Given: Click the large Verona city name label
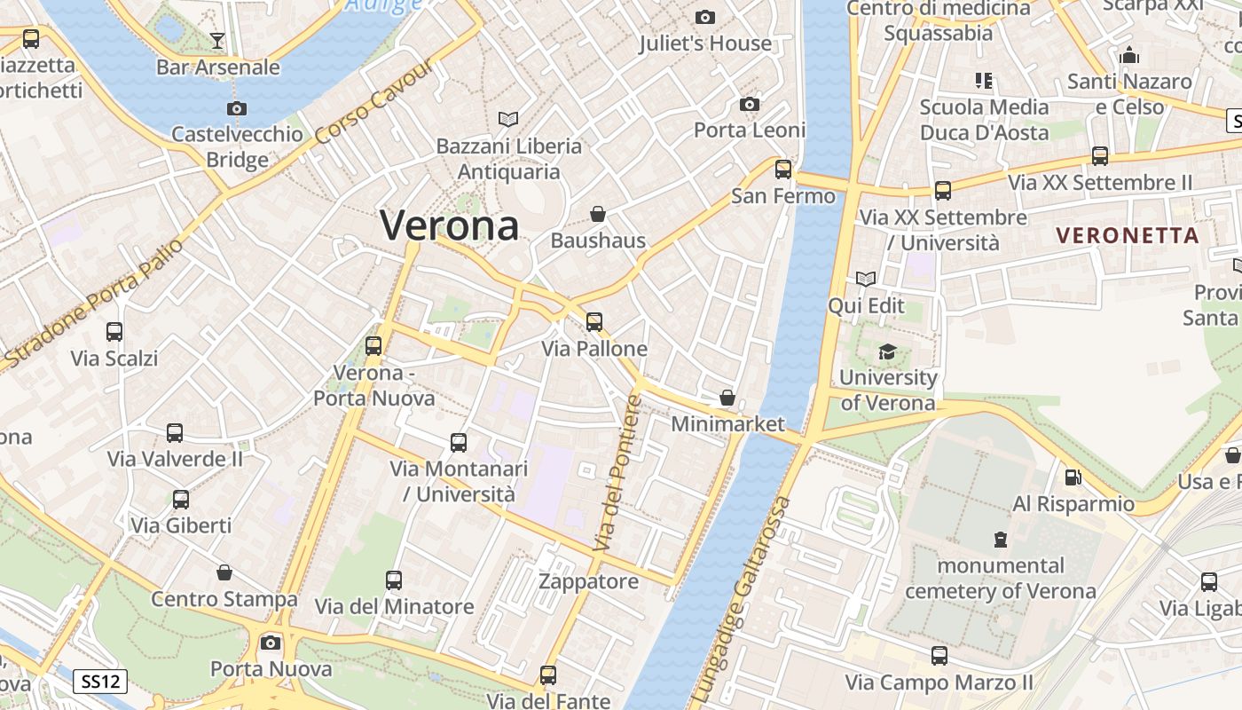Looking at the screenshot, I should (x=449, y=225).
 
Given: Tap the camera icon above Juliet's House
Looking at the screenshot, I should (x=705, y=17).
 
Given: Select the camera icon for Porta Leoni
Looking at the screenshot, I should (x=749, y=105).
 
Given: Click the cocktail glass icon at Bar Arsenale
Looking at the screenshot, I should (x=217, y=40).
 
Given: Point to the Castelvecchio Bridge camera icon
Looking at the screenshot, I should (x=236, y=108).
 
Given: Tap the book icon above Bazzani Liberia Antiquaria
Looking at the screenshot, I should (x=508, y=119).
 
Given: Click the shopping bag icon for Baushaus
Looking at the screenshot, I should (x=598, y=214).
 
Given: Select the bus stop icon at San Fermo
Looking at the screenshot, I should (x=782, y=169).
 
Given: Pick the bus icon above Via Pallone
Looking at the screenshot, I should (x=594, y=321).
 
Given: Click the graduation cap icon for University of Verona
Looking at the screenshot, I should (x=887, y=352).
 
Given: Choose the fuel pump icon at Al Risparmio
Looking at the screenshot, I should (x=1073, y=477).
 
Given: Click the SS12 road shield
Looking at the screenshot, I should (x=99, y=682).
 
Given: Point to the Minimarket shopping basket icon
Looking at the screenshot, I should (x=727, y=398).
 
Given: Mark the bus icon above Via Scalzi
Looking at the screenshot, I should (x=114, y=332).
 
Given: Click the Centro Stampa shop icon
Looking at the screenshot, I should (x=224, y=572).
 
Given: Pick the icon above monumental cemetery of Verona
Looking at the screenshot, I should (x=1001, y=540).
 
